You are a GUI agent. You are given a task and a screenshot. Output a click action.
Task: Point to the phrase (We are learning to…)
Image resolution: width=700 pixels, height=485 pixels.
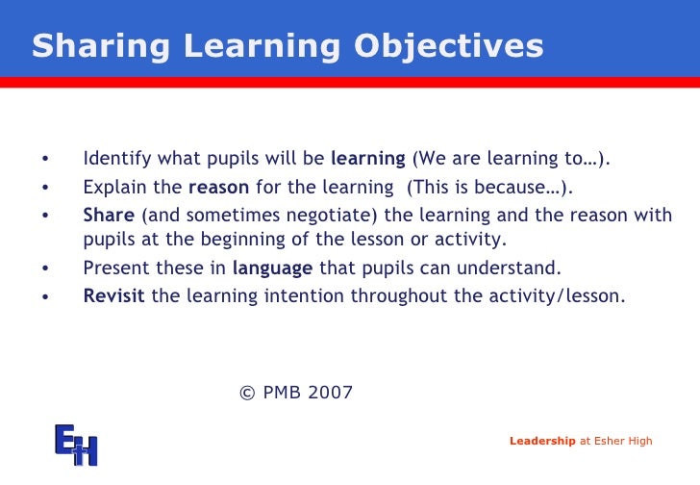[511, 159]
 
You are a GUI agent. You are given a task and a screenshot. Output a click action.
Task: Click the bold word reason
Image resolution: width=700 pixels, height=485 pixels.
[218, 187]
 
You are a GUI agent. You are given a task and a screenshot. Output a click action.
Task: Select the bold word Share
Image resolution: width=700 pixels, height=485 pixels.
[109, 215]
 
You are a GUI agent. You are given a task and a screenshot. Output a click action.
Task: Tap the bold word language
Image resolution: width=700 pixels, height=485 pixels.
[273, 268]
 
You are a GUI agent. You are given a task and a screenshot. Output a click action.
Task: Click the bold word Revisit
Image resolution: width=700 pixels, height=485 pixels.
[113, 296]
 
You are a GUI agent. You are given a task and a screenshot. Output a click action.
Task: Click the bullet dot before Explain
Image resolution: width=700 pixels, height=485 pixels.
[44, 188]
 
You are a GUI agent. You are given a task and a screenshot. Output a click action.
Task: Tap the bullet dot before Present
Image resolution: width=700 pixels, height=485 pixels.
[44, 269]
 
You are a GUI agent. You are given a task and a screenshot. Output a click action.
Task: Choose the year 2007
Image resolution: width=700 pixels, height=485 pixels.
[333, 393]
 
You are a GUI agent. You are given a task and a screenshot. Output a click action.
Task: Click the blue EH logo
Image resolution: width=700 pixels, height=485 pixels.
[76, 444]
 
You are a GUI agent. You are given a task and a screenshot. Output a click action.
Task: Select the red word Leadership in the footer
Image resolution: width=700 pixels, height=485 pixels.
[541, 442]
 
